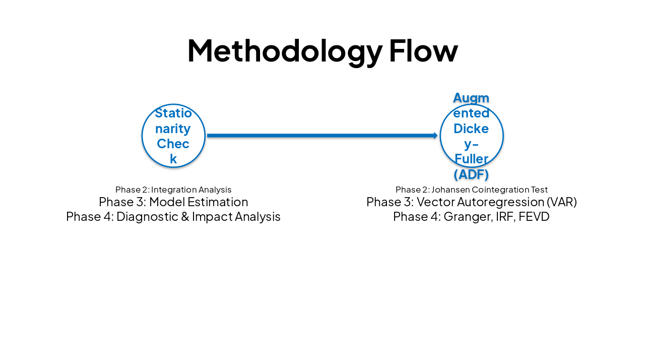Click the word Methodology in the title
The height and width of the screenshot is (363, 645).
click(285, 51)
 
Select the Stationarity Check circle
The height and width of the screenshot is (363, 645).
click(173, 136)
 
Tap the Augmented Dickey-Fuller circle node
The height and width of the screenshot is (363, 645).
click(471, 136)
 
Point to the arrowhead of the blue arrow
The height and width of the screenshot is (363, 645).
click(435, 136)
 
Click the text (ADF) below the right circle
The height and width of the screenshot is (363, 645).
click(471, 174)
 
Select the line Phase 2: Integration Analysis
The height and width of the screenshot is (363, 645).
click(173, 190)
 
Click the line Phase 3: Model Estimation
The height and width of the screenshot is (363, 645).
click(173, 202)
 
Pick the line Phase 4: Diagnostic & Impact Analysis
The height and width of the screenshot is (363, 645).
click(173, 217)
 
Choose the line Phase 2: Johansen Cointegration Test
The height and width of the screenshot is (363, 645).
click(471, 190)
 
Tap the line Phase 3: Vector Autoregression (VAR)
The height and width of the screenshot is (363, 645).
click(471, 202)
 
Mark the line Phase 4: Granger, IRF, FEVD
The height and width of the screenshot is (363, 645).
click(471, 217)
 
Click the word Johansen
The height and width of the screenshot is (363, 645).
click(450, 190)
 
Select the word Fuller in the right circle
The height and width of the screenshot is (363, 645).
click(471, 159)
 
